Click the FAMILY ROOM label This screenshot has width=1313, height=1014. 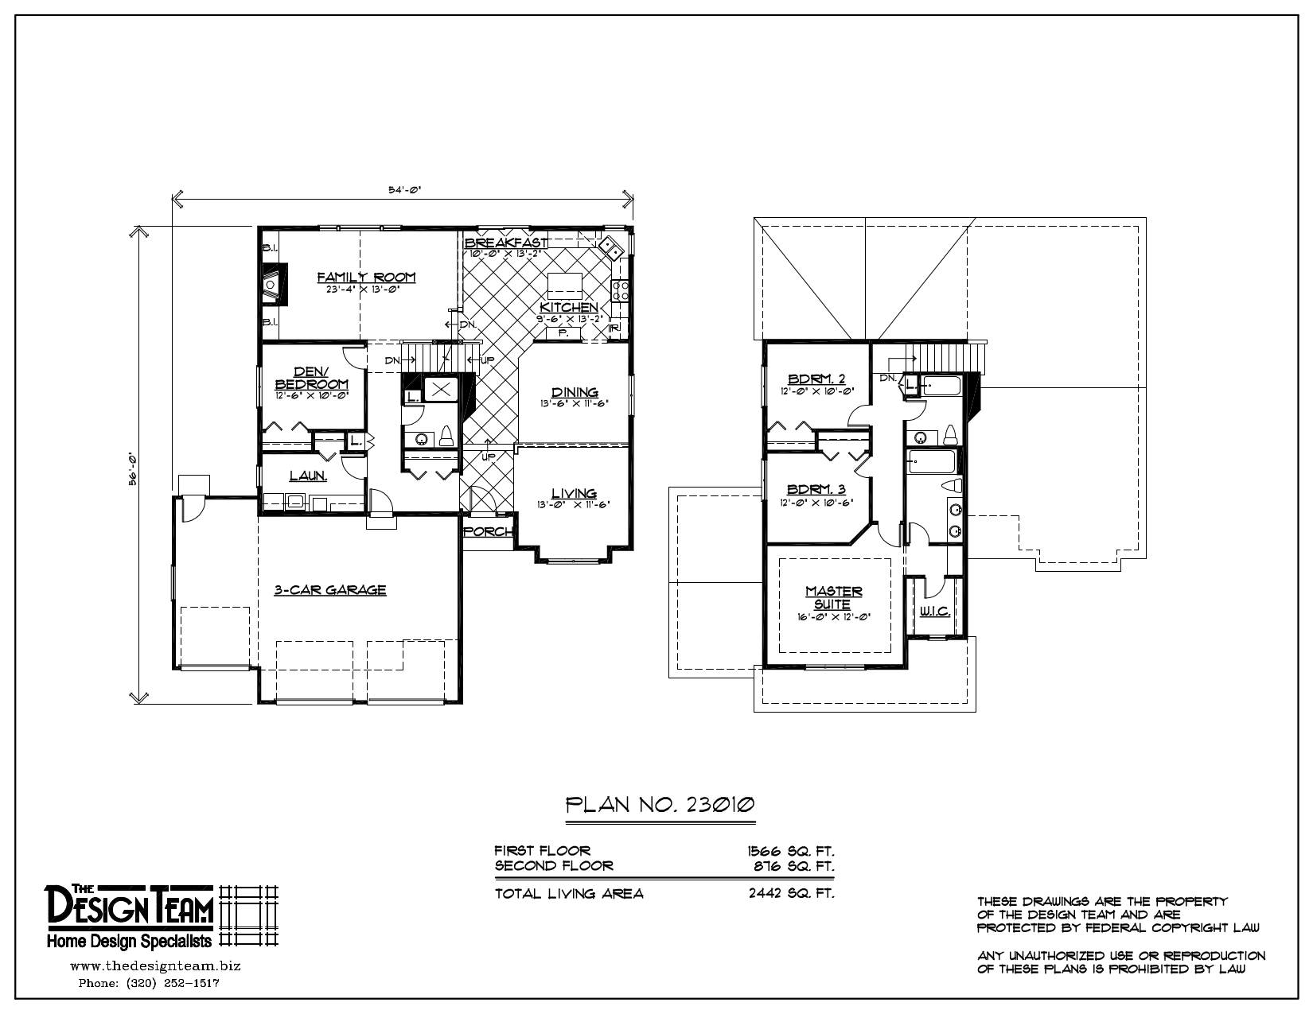(x=366, y=277)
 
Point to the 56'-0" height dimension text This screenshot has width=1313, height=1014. (x=134, y=468)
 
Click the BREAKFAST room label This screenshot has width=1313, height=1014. (x=507, y=242)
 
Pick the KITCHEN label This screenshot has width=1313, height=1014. (x=568, y=308)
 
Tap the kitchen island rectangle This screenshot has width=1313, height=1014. (x=564, y=284)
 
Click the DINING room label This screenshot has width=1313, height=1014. (x=575, y=392)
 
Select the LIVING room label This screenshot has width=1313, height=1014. (x=574, y=493)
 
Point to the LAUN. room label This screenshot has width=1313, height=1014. (x=307, y=476)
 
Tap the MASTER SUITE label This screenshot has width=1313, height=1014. (x=833, y=597)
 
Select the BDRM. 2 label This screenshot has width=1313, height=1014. (x=816, y=379)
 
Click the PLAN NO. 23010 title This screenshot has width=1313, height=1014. (x=660, y=805)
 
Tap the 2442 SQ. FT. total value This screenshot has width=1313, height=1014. (x=791, y=893)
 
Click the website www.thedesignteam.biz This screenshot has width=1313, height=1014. (x=155, y=966)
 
